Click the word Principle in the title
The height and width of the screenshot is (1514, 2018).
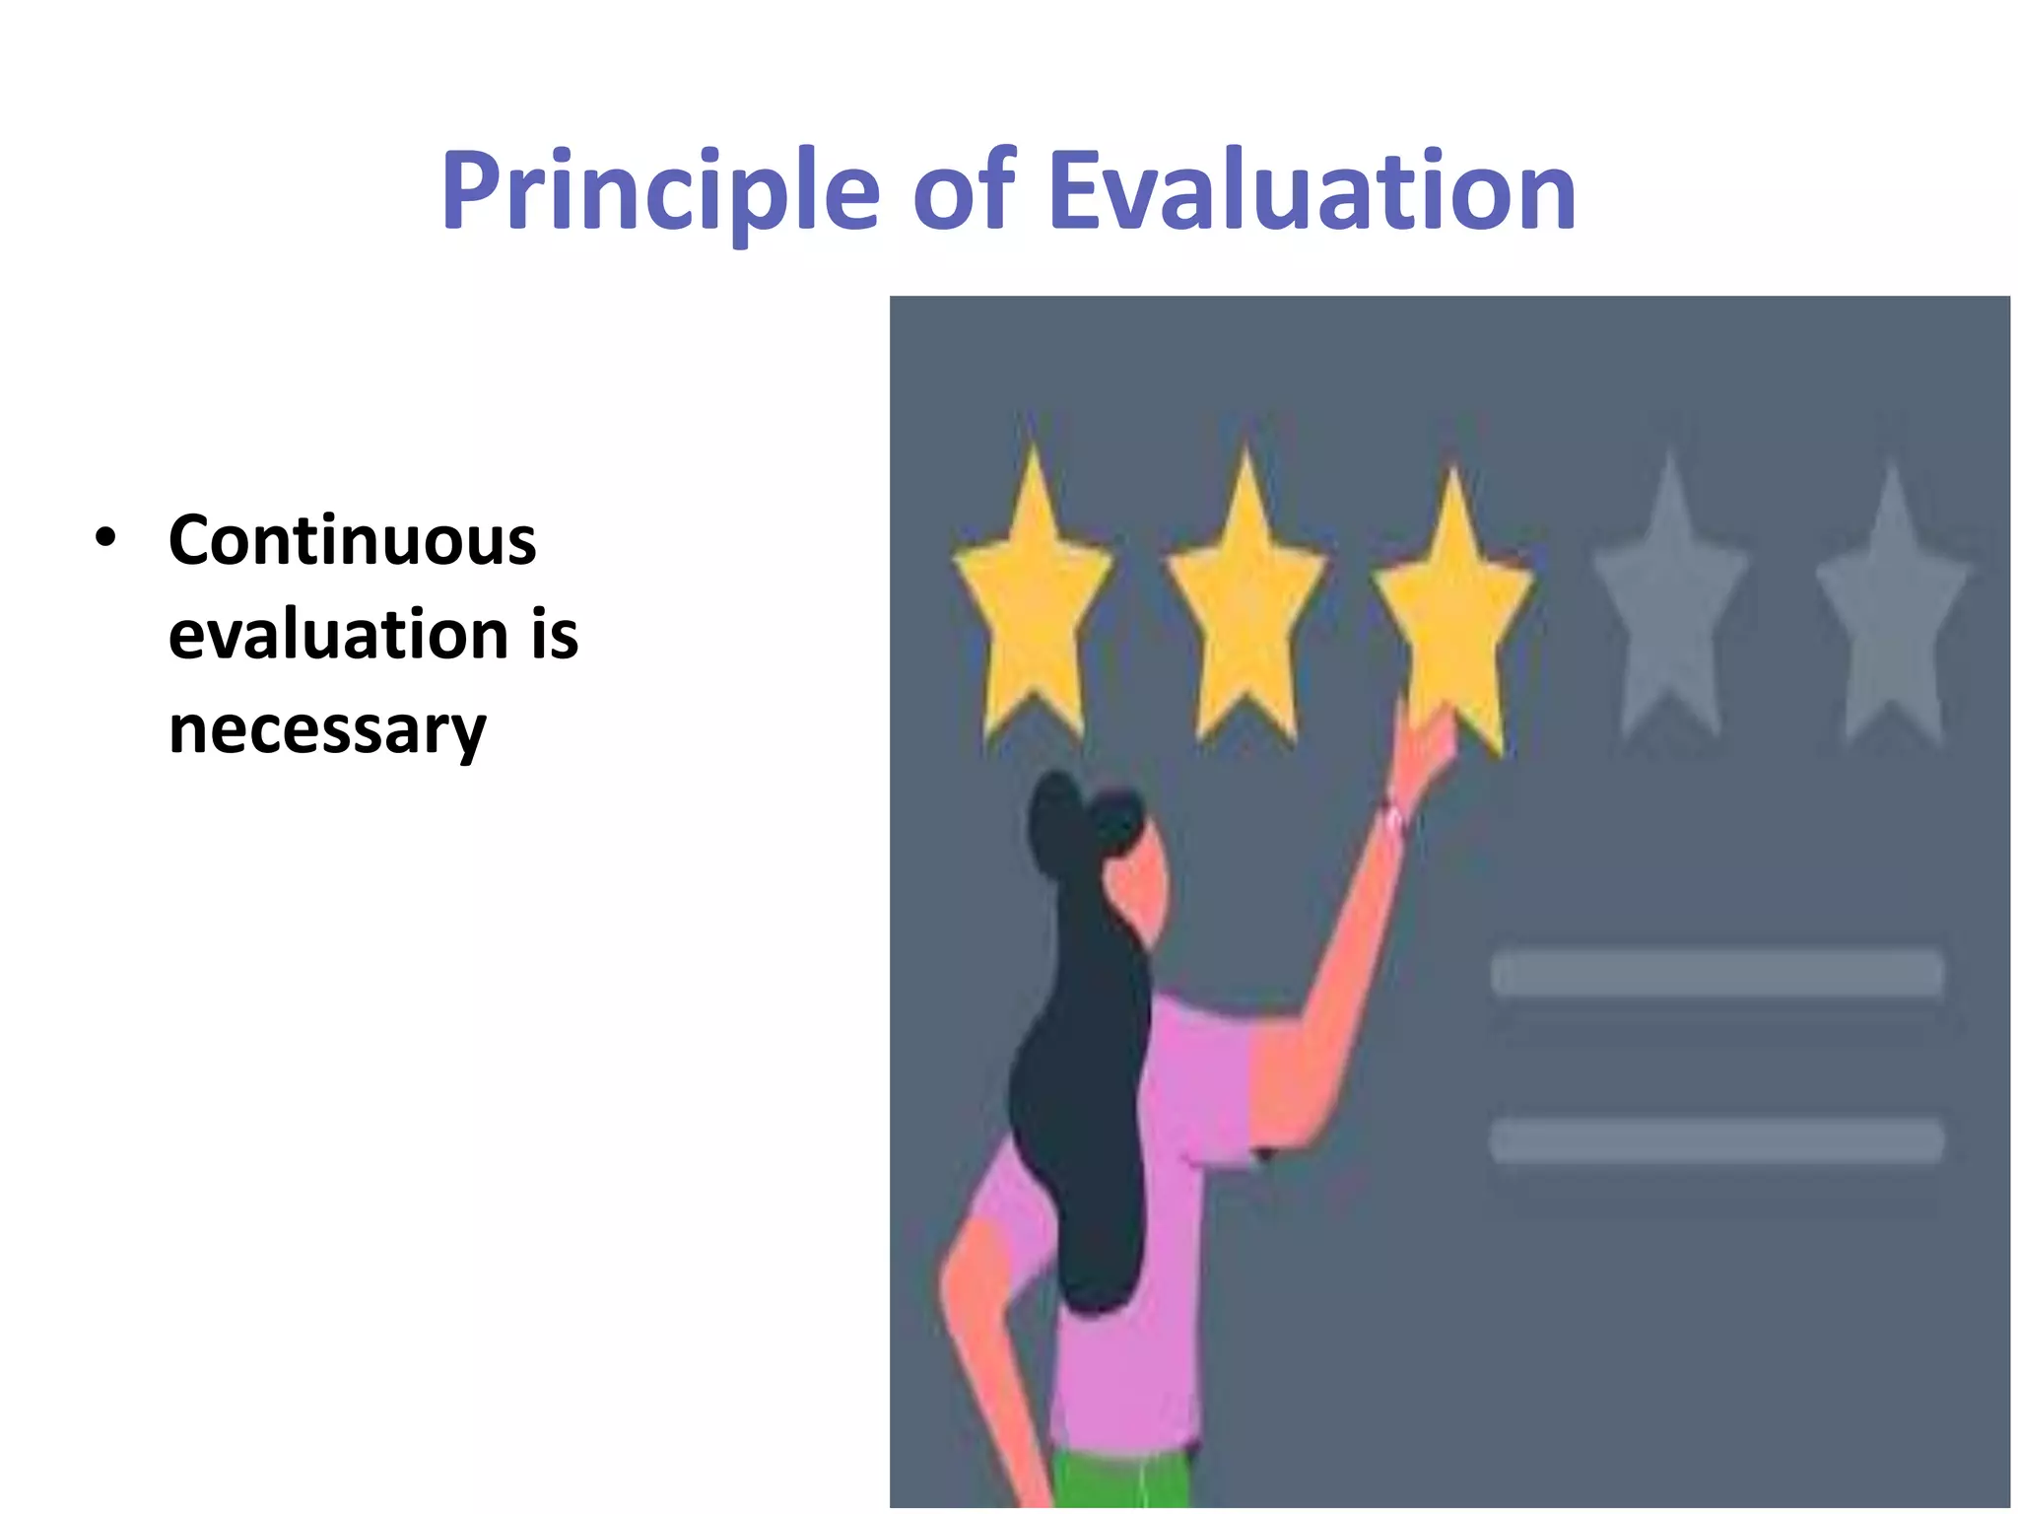tap(659, 191)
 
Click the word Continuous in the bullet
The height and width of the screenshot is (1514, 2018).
tap(352, 541)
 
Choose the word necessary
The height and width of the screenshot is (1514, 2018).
tap(327, 730)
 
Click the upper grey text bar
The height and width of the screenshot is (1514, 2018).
tap(1716, 974)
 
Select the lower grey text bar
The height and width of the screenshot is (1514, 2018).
tap(1716, 1140)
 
